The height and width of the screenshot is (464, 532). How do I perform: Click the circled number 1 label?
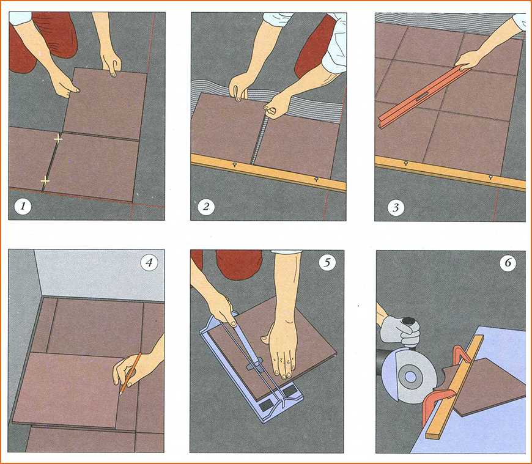23,206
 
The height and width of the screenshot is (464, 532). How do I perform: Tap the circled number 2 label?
206,206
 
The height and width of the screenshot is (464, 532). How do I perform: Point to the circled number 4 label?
149,262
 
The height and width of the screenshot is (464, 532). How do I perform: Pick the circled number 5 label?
327,262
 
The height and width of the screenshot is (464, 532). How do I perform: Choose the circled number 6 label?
508,263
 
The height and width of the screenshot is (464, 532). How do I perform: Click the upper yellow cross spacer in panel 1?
58,139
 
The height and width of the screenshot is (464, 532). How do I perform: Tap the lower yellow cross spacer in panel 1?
45,181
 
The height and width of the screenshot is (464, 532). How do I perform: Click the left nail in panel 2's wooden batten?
234,165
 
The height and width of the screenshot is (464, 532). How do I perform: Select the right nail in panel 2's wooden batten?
316,179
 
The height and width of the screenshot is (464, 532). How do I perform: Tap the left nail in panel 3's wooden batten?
406,164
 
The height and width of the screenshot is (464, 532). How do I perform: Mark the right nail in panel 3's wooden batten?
490,177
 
